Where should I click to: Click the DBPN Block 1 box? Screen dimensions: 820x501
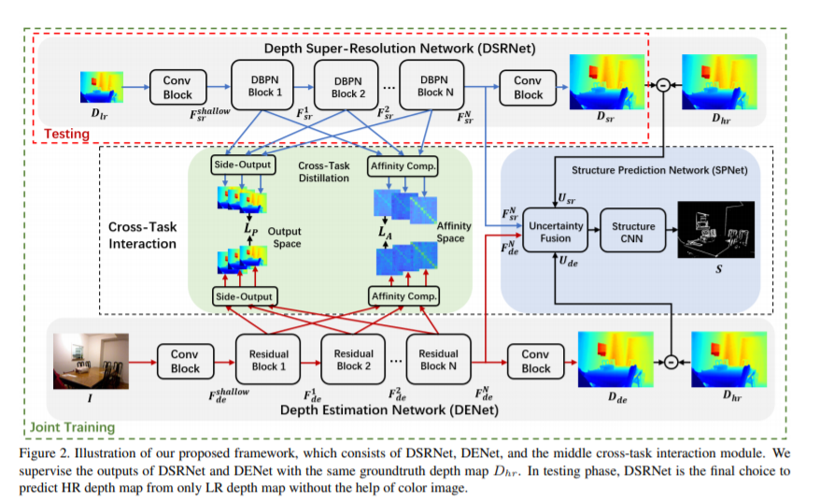point(262,85)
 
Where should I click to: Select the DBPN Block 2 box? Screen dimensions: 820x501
point(346,86)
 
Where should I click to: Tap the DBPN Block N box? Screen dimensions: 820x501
point(432,85)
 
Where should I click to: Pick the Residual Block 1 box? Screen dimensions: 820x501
point(268,360)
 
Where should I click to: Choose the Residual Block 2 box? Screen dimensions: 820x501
point(354,360)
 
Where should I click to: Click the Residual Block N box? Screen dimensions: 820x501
point(438,360)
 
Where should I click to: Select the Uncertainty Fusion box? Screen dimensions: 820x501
point(555,230)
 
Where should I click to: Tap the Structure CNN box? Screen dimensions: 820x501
point(633,230)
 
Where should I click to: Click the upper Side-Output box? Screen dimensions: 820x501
point(243,165)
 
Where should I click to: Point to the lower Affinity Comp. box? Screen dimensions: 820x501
point(403,295)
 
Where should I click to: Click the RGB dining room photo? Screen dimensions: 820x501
point(91,361)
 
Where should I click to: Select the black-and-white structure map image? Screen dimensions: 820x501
point(716,230)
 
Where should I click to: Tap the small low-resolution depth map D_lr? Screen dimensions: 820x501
point(102,87)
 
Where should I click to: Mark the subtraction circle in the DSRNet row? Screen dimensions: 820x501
point(663,85)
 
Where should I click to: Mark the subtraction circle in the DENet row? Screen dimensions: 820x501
point(672,362)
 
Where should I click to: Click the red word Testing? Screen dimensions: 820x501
point(66,134)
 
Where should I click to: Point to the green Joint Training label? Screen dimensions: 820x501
point(72,427)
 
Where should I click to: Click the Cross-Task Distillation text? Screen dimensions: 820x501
point(324,172)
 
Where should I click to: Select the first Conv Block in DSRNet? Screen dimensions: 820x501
point(177,88)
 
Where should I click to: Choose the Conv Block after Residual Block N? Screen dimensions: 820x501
point(535,361)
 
